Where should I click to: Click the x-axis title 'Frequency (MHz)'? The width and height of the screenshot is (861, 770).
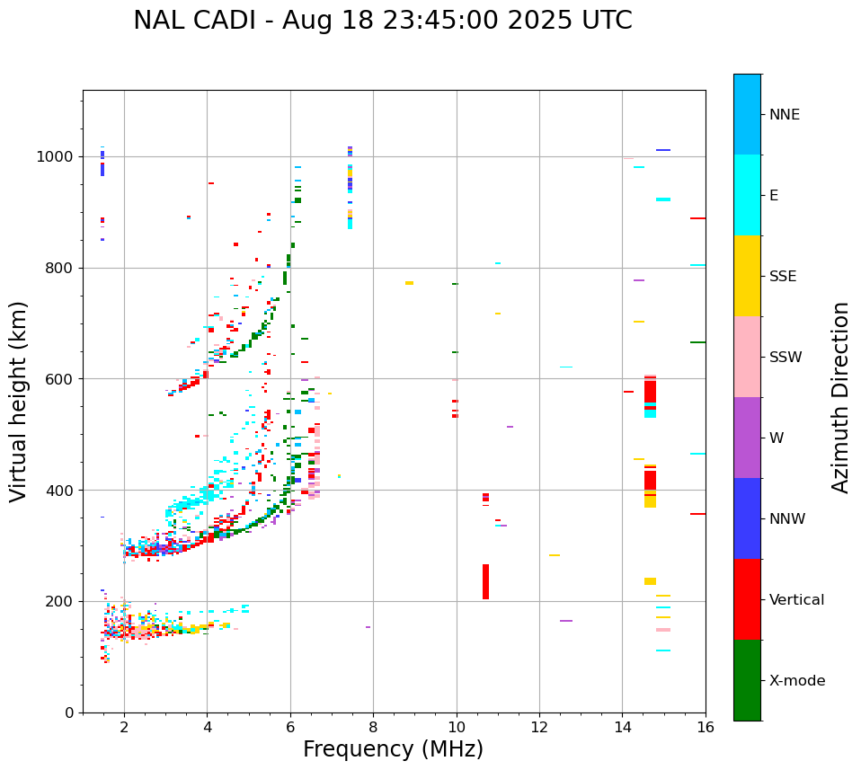tap(393, 749)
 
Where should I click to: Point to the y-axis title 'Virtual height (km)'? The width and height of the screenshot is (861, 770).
tap(19, 401)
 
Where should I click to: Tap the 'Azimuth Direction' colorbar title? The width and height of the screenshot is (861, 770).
tap(840, 396)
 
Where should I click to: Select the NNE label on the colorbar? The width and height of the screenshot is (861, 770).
tap(784, 115)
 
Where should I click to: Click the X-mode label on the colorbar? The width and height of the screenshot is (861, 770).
tap(796, 681)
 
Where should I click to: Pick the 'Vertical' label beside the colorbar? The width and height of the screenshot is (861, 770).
tap(796, 600)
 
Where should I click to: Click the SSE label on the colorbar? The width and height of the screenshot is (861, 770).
tap(783, 277)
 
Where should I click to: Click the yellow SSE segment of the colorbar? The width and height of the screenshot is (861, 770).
tap(747, 276)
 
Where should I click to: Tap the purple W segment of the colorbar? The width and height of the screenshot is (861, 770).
tap(747, 438)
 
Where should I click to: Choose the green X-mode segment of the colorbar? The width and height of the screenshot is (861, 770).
tap(747, 680)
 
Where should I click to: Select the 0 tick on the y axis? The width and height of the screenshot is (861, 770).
tap(68, 712)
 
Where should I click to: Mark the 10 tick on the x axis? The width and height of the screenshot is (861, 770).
tap(456, 727)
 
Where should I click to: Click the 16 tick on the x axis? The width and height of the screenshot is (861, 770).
tap(705, 727)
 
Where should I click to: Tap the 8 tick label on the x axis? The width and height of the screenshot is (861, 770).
tap(373, 727)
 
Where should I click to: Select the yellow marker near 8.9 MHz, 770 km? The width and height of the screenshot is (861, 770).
tap(409, 283)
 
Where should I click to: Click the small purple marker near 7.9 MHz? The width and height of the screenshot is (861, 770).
tap(368, 627)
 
